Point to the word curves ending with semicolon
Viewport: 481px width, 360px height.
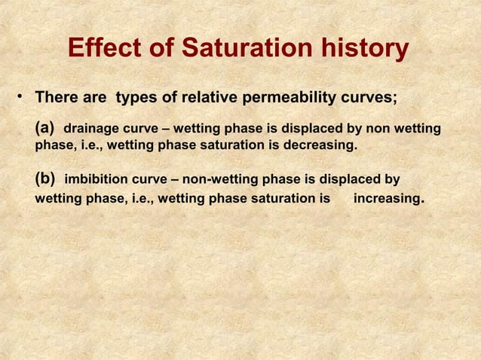click(380, 99)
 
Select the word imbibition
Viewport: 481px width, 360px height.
click(99, 181)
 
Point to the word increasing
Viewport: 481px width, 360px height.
click(388, 200)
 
